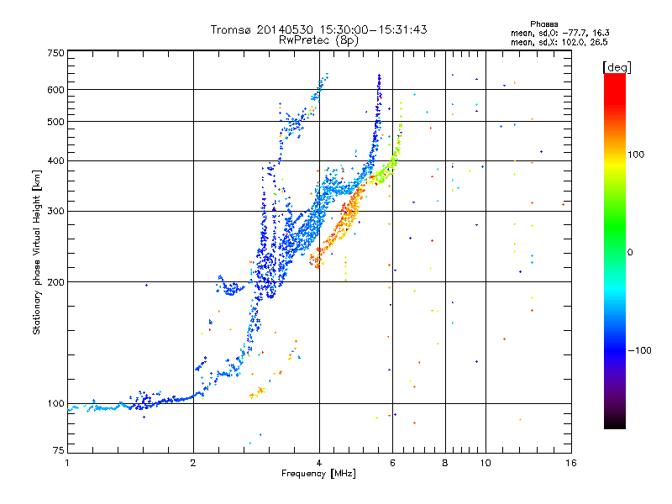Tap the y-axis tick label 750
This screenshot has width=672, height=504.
pyautogui.click(x=56, y=53)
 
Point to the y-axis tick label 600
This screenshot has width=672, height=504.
pyautogui.click(x=56, y=90)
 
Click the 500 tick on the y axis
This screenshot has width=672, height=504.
pyautogui.click(x=56, y=122)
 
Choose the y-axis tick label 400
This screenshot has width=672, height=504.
pyautogui.click(x=56, y=160)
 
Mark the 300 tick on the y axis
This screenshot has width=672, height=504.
pyautogui.click(x=56, y=211)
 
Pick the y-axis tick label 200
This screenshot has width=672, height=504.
pyautogui.click(x=56, y=281)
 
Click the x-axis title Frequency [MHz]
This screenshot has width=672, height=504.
pyautogui.click(x=319, y=474)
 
